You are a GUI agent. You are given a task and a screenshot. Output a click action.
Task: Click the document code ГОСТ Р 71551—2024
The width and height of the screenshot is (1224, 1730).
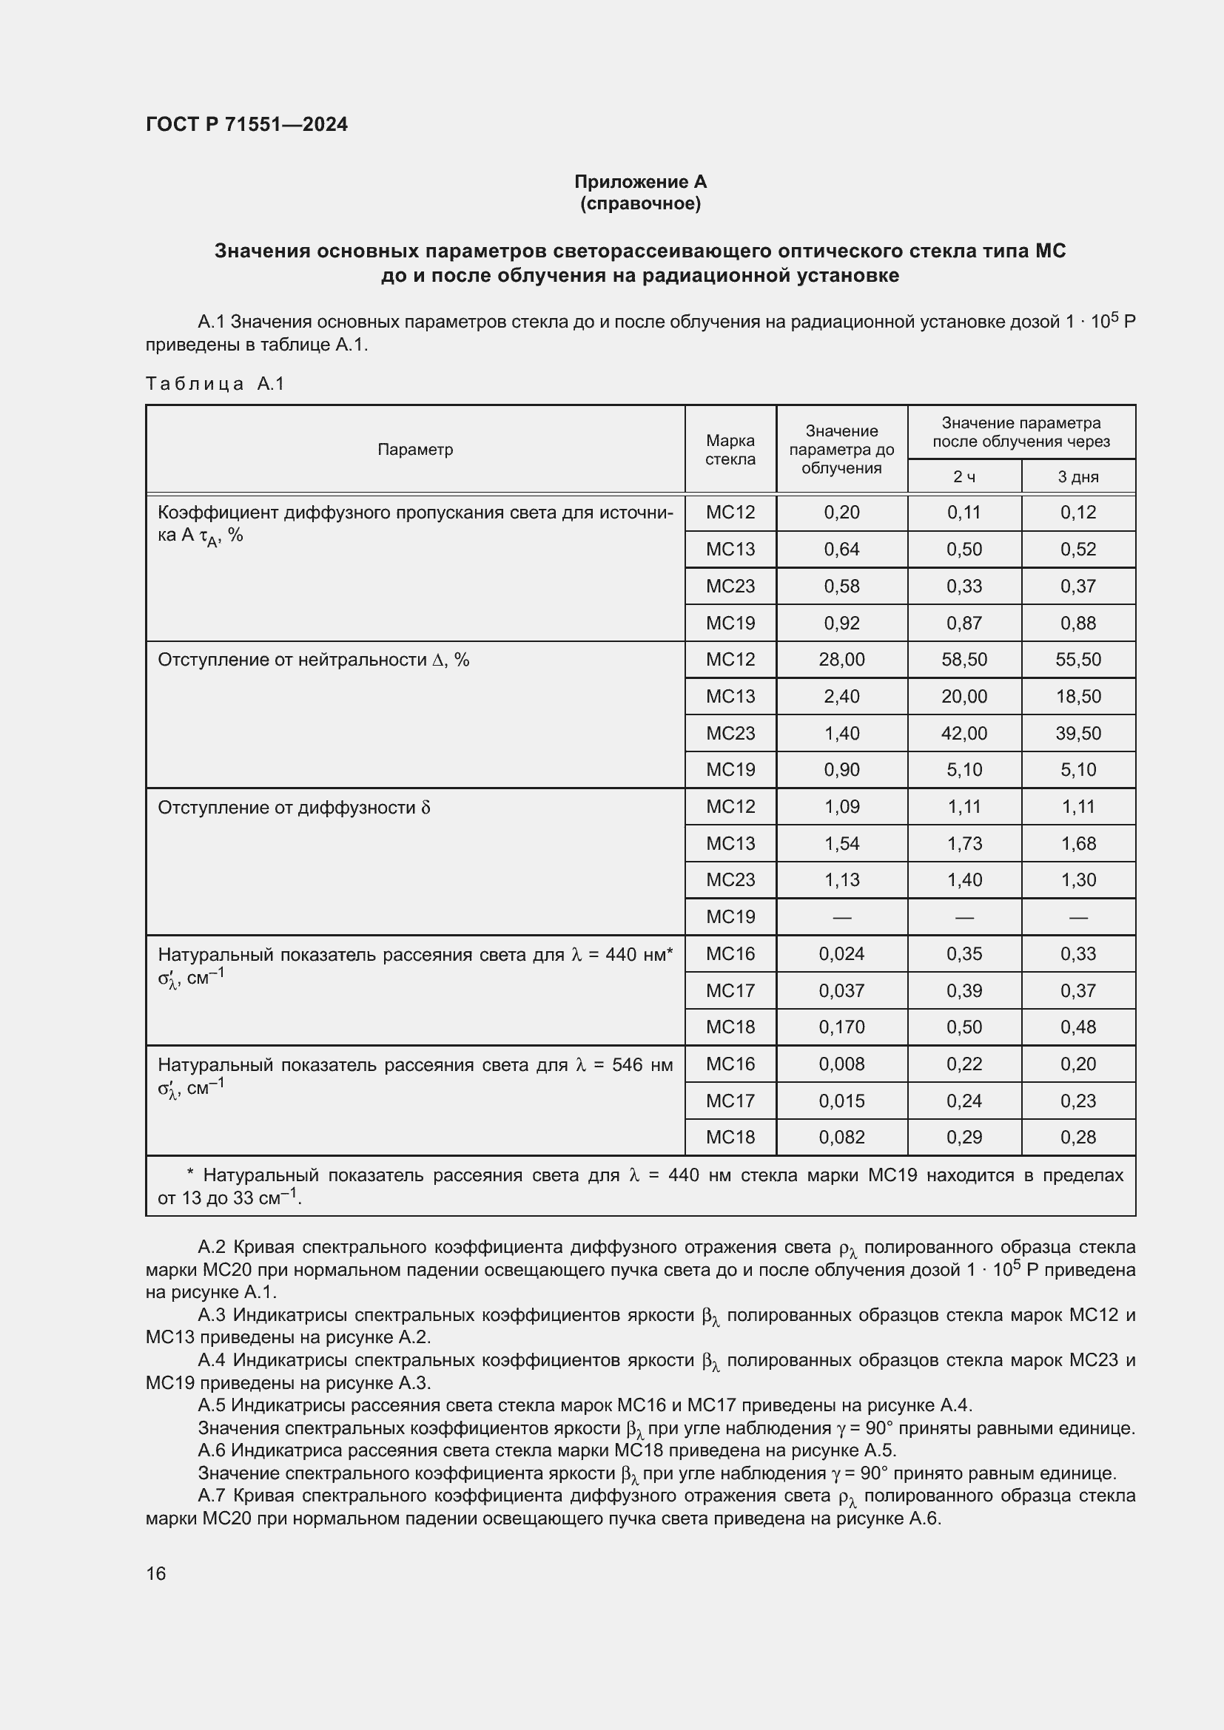coord(246,124)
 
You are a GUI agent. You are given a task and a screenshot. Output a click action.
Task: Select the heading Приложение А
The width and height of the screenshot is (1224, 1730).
coord(640,182)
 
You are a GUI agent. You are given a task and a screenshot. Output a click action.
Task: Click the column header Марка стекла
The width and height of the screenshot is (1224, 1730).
coord(730,450)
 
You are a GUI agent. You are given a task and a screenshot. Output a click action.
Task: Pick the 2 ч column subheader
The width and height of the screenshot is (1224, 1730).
coord(964,477)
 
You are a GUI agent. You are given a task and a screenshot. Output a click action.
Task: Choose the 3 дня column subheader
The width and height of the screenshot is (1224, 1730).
coord(1077,477)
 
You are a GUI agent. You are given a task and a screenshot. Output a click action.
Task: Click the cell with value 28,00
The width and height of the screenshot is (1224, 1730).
coord(841,659)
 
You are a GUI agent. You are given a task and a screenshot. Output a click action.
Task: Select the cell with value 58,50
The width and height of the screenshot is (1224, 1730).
coord(964,659)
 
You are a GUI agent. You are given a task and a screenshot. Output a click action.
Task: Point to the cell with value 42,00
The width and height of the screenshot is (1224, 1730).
coord(964,733)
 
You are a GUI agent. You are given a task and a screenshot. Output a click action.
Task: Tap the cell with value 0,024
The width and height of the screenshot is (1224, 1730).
coord(841,954)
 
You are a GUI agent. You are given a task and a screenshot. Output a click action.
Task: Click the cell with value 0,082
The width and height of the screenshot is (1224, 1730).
coord(841,1137)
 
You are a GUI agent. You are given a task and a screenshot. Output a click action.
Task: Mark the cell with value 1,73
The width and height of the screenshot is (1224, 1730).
coord(964,844)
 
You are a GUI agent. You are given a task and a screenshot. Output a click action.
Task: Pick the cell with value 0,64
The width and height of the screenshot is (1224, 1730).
coord(841,550)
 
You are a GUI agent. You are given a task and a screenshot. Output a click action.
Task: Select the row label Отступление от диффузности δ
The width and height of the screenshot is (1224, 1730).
coord(294,808)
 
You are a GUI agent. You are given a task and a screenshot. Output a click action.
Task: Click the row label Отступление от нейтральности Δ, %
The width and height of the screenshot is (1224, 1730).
coord(313,660)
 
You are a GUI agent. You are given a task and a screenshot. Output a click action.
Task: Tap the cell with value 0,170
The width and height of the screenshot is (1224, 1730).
coord(841,1027)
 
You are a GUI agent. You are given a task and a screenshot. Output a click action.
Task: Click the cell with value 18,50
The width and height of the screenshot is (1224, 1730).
coord(1077,696)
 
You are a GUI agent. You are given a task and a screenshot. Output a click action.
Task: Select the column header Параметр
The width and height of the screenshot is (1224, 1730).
coord(414,450)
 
